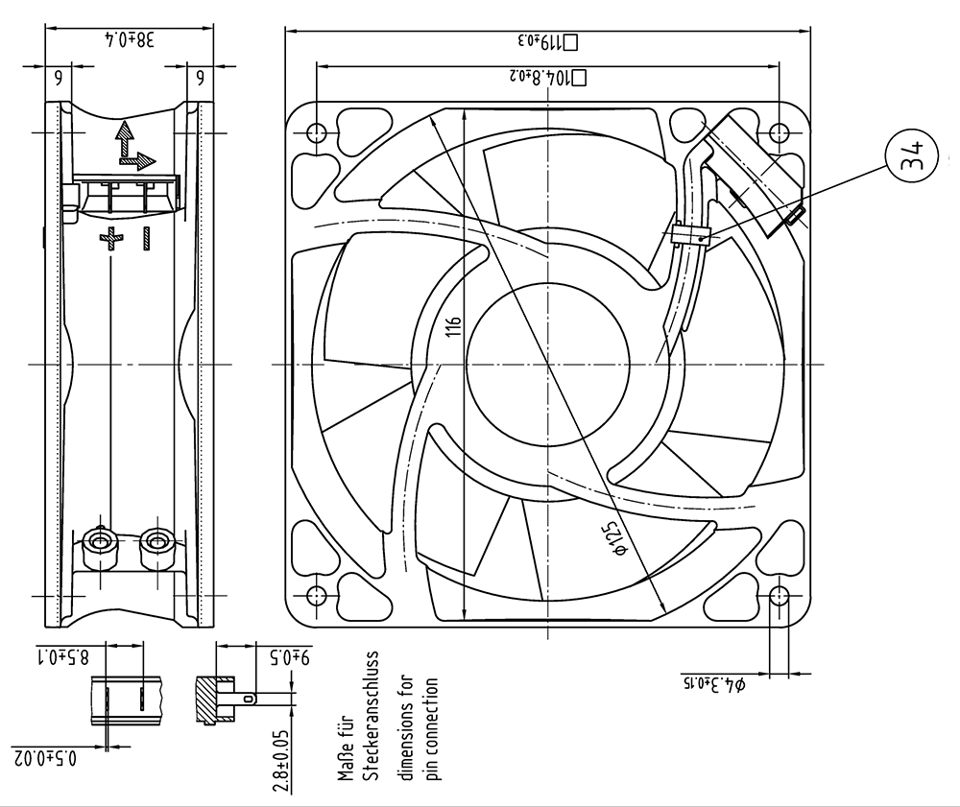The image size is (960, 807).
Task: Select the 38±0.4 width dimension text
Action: [x=130, y=40]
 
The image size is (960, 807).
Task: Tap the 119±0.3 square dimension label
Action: [x=548, y=41]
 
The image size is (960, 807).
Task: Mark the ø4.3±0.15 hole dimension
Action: [x=714, y=684]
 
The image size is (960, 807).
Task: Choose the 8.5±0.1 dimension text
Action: [x=64, y=657]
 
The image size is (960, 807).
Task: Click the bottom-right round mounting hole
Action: [x=779, y=595]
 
